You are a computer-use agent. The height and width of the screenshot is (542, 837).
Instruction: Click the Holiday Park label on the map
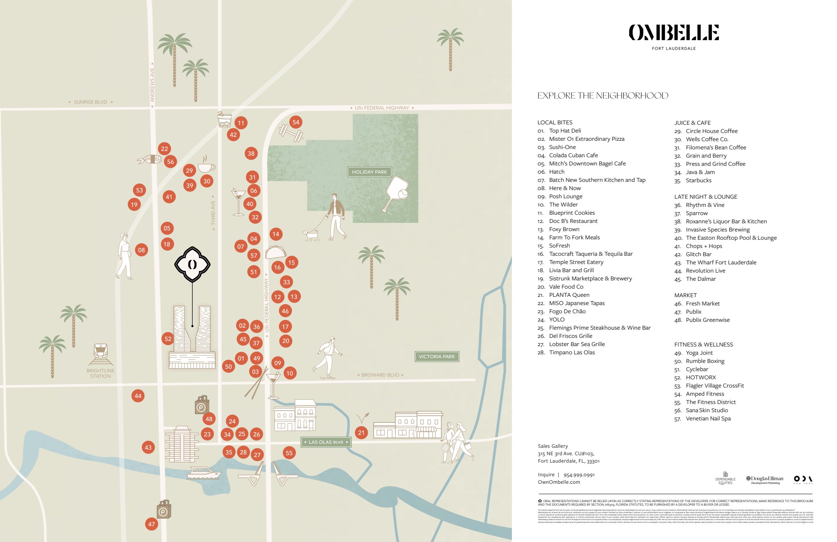point(369,172)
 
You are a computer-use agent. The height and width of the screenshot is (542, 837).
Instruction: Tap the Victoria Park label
point(436,356)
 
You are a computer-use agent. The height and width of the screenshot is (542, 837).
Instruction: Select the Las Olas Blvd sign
point(326,442)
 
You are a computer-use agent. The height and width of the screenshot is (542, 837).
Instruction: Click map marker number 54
point(296,122)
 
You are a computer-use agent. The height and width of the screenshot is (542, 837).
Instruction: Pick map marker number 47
point(152,524)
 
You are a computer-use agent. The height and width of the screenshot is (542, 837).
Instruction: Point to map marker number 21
point(361,433)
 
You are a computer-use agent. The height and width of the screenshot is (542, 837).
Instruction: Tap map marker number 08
point(141,250)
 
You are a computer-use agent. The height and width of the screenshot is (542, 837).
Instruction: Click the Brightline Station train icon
point(101,354)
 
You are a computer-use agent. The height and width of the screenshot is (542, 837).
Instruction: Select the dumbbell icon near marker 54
point(290,133)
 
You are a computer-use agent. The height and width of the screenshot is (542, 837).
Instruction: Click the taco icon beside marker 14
point(276,252)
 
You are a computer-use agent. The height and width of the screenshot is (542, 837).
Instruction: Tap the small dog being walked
point(311,235)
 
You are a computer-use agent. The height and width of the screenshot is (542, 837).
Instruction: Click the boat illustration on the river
point(203,473)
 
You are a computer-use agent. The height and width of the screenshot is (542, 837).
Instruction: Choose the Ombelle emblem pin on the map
point(192,264)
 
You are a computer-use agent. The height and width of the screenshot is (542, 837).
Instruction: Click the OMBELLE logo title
point(674,32)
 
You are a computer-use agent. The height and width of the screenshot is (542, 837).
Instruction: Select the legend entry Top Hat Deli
point(565,131)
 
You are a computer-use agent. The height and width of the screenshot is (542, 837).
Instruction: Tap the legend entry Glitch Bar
point(698,254)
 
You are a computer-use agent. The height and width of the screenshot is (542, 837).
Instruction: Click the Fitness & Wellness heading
point(703,345)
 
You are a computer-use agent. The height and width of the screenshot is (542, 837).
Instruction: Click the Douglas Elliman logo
point(765,479)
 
